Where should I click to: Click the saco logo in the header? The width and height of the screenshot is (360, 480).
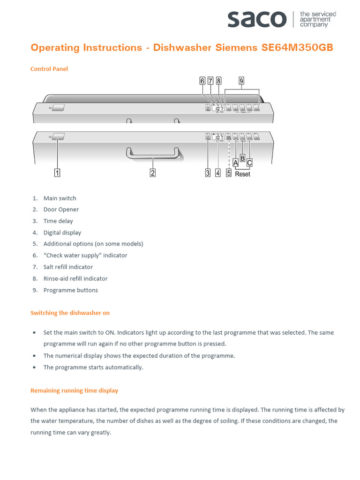point(257,19)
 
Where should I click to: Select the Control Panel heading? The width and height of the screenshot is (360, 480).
point(49,69)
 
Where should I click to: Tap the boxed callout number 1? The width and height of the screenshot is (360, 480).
point(57,173)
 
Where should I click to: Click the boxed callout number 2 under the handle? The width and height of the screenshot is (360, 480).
point(152,173)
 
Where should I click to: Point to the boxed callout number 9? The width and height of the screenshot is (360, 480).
point(241,81)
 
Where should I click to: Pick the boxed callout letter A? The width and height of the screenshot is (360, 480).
point(235,163)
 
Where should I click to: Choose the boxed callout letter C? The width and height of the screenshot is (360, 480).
point(249,163)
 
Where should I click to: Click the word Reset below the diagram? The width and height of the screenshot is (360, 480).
point(242,174)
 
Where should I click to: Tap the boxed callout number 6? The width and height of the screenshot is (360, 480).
point(202,81)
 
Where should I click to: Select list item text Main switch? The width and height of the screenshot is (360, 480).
point(60,198)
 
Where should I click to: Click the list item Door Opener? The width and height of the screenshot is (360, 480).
point(61,210)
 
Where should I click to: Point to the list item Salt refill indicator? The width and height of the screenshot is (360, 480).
point(68,267)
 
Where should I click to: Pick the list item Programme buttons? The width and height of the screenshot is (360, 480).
point(70,290)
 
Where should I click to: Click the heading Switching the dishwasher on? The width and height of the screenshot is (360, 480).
point(70,313)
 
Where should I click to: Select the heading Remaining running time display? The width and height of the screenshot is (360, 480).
point(74,390)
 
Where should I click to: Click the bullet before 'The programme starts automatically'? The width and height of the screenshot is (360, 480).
point(34,367)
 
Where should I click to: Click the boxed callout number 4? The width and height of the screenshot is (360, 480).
point(218,173)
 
